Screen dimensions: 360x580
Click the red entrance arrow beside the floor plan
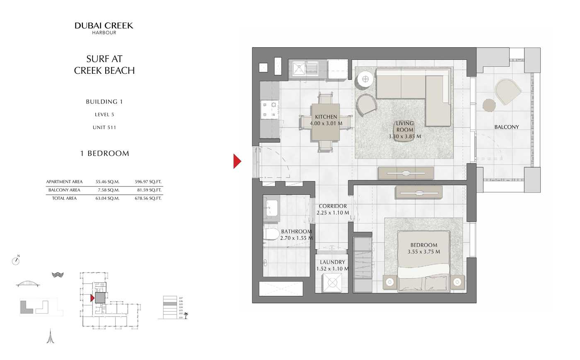237,161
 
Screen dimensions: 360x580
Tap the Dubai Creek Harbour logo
104,28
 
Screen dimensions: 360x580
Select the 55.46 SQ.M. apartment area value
107,181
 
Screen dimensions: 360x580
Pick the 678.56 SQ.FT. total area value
148,198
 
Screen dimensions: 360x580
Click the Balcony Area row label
64,190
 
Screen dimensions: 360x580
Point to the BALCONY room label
506,127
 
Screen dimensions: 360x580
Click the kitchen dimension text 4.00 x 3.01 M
326,123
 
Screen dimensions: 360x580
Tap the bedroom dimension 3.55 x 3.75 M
424,251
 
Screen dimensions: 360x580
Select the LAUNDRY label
332,262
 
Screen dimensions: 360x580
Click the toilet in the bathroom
271,234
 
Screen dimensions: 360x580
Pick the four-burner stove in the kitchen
269,109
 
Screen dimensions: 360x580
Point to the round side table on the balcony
489,105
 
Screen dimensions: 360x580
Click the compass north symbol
16,261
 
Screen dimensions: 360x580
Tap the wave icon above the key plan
57,275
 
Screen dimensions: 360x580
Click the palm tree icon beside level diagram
186,315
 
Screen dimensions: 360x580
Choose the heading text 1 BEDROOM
104,153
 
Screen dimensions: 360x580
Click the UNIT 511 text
104,127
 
